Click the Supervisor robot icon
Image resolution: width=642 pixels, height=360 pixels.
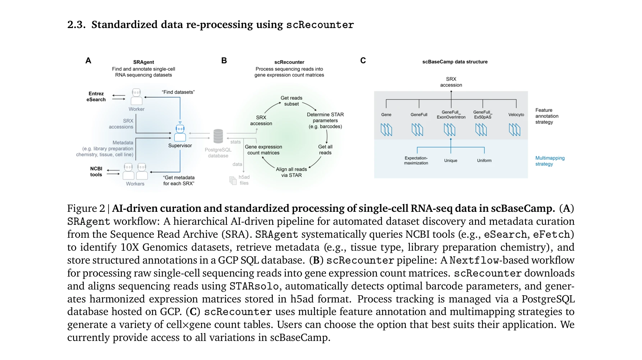180,132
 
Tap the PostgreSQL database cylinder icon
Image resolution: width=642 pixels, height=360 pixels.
218,136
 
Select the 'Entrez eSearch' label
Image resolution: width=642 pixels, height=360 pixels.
96,97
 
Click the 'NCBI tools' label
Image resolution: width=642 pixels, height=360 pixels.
96,172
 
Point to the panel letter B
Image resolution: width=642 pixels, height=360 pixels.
224,61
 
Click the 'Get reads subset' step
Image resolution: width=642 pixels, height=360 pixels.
291,101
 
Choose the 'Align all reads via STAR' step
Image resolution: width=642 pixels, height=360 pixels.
291,172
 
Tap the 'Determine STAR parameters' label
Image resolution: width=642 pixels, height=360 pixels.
325,120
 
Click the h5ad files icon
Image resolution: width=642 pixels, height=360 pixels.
233,180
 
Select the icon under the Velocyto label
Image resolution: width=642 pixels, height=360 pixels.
514,129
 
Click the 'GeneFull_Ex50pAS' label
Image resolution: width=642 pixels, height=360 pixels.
482,115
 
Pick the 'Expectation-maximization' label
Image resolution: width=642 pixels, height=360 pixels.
416,160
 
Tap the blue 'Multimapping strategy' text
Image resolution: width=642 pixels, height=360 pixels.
550,161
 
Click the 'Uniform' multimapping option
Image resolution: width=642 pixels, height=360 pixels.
484,160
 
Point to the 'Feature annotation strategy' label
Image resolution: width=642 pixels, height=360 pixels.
546,116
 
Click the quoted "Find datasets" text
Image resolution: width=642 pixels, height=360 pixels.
178,92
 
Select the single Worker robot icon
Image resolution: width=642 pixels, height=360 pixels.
137,97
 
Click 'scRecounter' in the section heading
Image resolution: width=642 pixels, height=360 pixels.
320,25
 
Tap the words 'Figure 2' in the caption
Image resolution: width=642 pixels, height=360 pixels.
86,209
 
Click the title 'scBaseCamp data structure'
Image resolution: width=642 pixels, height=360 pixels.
455,62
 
